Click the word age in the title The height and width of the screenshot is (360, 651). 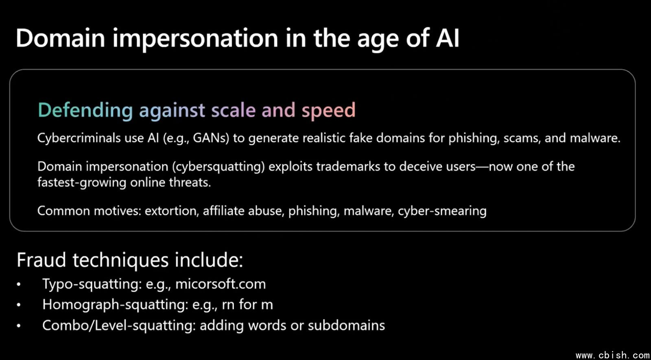(378, 39)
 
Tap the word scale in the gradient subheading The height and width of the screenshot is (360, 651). (234, 110)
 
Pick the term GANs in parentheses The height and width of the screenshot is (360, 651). (211, 138)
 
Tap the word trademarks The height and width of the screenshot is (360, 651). (348, 166)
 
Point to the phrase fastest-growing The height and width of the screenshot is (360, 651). (82, 183)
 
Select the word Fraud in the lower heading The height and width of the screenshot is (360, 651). (41, 260)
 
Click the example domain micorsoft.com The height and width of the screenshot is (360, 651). (221, 284)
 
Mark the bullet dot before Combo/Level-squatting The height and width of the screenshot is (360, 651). (19, 326)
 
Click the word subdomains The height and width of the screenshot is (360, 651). (346, 325)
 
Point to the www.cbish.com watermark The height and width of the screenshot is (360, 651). (613, 355)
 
